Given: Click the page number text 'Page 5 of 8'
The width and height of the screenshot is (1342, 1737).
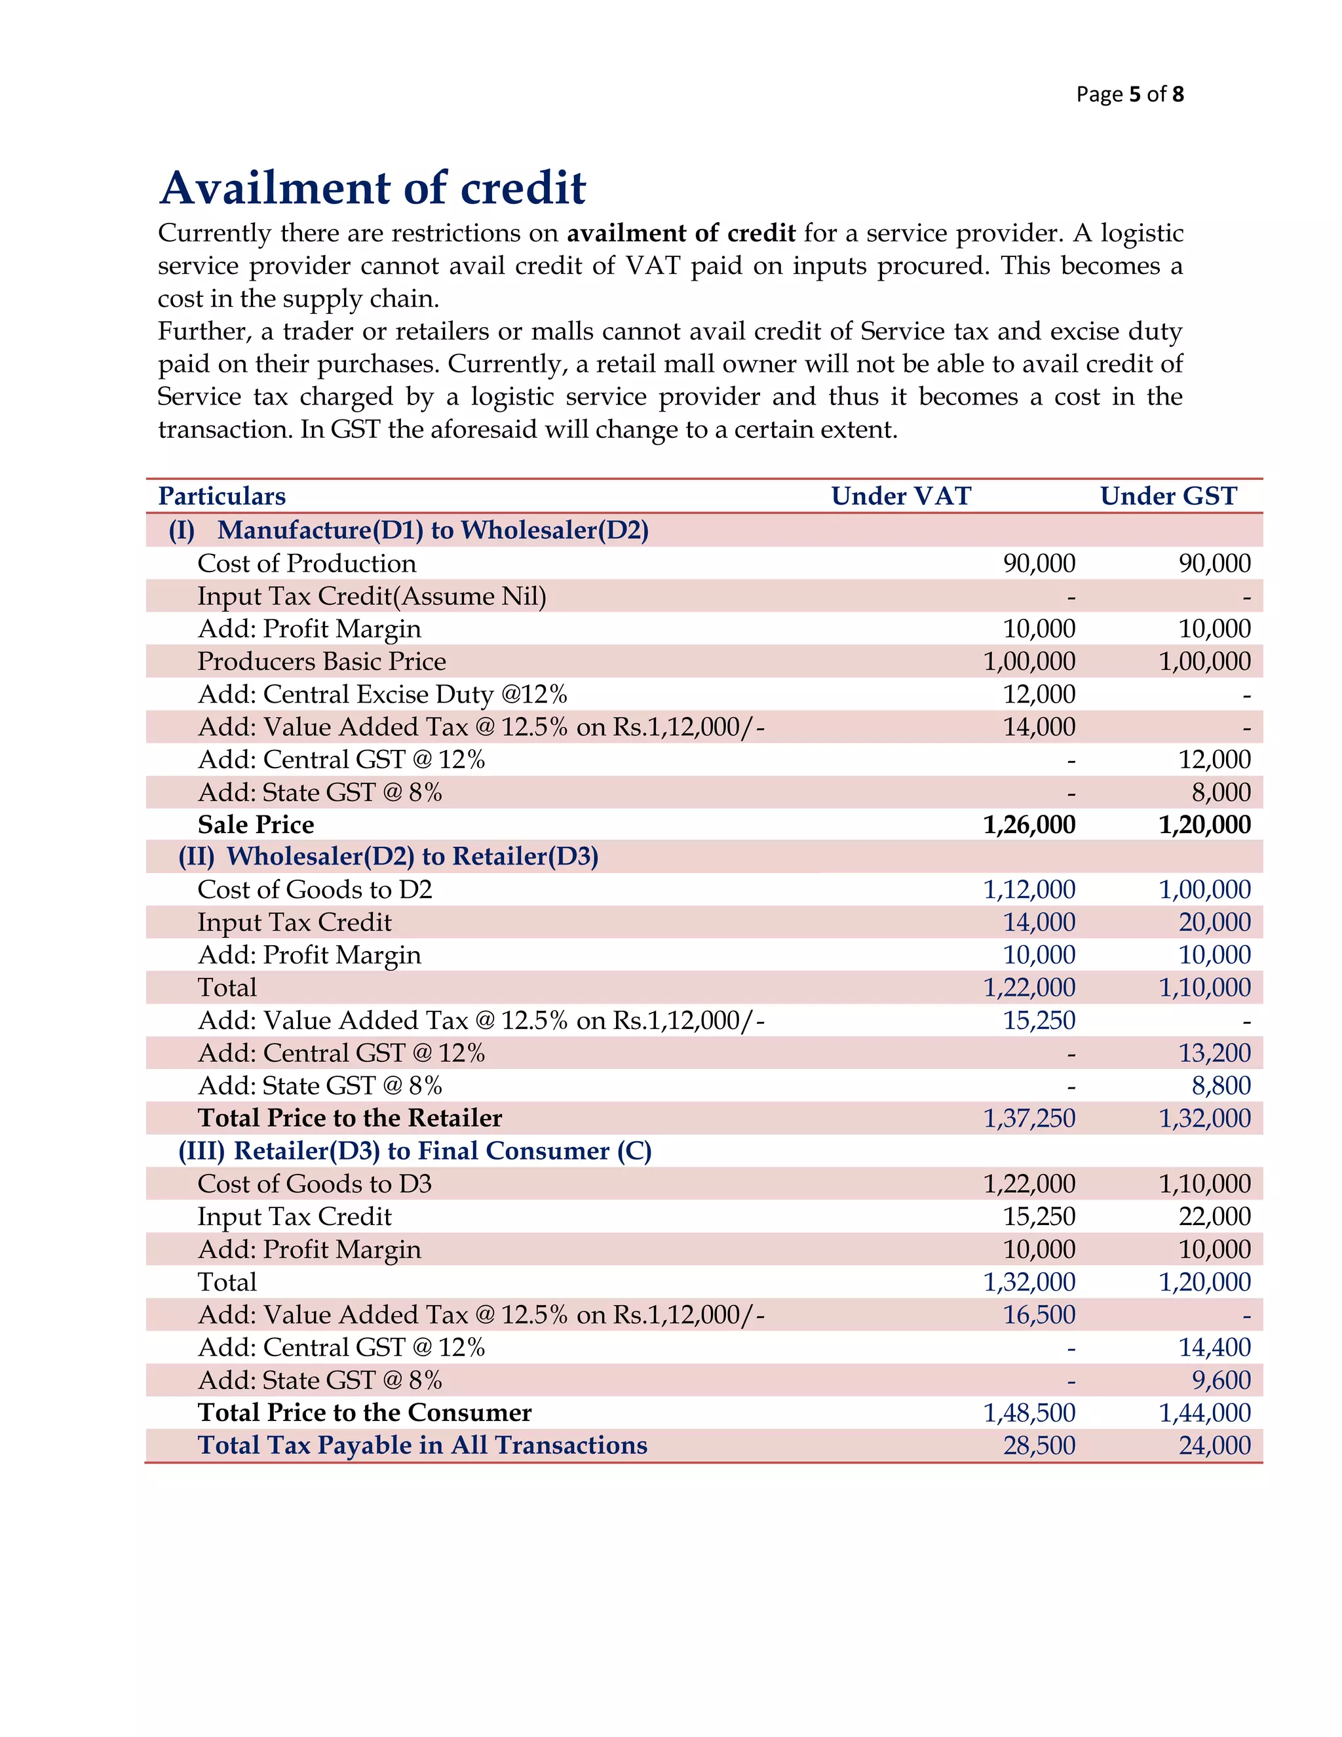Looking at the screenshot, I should click(1129, 94).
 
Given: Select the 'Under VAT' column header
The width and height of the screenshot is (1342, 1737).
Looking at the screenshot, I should click(901, 496).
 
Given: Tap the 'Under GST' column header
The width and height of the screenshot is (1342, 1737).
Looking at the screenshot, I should click(1168, 496).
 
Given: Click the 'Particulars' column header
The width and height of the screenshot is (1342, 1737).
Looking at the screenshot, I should click(222, 496).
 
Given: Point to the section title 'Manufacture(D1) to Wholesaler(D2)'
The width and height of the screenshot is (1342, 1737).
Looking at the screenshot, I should click(432, 530).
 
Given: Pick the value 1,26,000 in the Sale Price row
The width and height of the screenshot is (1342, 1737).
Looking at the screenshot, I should click(1029, 825).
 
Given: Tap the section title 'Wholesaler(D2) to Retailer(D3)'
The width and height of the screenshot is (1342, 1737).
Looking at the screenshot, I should click(412, 857).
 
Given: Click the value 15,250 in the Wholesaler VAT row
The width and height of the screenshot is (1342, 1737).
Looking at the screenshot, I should click(1039, 1021).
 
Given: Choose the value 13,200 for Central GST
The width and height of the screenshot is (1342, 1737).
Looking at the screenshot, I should click(1214, 1053).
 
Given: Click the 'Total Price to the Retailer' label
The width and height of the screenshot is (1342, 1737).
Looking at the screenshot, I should click(350, 1118).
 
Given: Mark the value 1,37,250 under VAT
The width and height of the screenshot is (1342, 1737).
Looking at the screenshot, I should click(1029, 1118).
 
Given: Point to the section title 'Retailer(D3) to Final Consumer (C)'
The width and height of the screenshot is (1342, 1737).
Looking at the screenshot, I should click(442, 1151).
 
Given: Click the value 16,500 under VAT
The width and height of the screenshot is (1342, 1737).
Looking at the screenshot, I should click(1039, 1315).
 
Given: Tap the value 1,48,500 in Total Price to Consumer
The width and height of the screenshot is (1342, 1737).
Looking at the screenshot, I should click(1029, 1413).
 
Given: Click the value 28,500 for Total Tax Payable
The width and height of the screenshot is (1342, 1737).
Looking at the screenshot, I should click(1039, 1445).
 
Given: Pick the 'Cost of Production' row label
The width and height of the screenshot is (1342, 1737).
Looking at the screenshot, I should click(306, 563).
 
